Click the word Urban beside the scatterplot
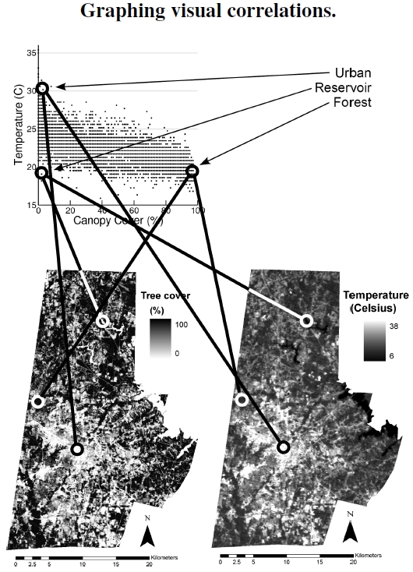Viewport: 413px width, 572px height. [x=353, y=73]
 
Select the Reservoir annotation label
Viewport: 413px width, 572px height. [x=343, y=87]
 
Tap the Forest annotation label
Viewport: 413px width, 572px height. [x=352, y=102]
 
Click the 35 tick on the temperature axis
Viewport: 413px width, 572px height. [x=31, y=53]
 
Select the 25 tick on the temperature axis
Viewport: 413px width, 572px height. [x=31, y=129]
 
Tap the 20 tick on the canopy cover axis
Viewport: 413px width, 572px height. [x=70, y=210]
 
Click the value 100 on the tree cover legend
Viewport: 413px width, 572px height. [x=182, y=324]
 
